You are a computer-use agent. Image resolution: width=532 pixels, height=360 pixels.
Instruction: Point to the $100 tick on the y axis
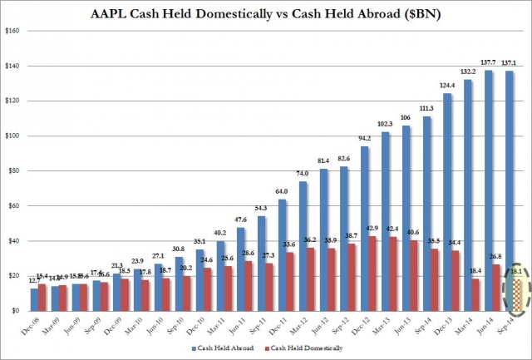[x=17, y=136]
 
